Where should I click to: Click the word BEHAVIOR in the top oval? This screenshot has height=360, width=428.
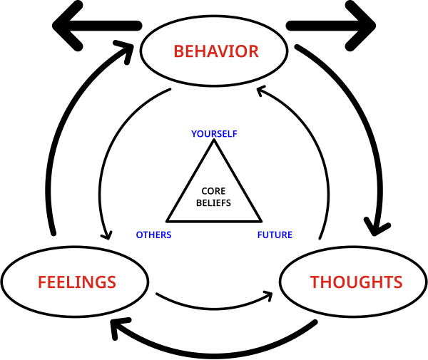pyautogui.click(x=215, y=51)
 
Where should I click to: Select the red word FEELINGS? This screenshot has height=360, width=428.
pyautogui.click(x=76, y=282)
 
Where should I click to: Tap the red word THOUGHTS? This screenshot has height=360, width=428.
pyautogui.click(x=356, y=282)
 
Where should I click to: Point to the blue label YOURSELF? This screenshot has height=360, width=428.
pyautogui.click(x=214, y=134)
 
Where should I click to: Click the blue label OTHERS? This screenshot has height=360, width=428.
pyautogui.click(x=153, y=235)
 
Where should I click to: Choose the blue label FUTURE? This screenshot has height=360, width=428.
pyautogui.click(x=275, y=235)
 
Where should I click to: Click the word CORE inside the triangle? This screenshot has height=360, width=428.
pyautogui.click(x=213, y=191)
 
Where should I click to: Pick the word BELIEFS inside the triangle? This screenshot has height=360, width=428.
pyautogui.click(x=213, y=202)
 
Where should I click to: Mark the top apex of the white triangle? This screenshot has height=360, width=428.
pyautogui.click(x=214, y=144)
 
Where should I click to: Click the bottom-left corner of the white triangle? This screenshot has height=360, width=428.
pyautogui.click(x=170, y=219)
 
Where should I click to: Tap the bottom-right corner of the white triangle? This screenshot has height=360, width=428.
pyautogui.click(x=258, y=219)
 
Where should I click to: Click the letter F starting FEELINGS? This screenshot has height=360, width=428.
pyautogui.click(x=41, y=282)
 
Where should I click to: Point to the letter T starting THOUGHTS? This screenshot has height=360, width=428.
pyautogui.click(x=315, y=282)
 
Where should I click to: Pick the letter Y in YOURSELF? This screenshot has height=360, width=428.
pyautogui.click(x=194, y=134)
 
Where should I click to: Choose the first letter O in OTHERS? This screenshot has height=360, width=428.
pyautogui.click(x=140, y=235)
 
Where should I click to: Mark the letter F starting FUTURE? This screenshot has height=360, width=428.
pyautogui.click(x=260, y=235)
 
